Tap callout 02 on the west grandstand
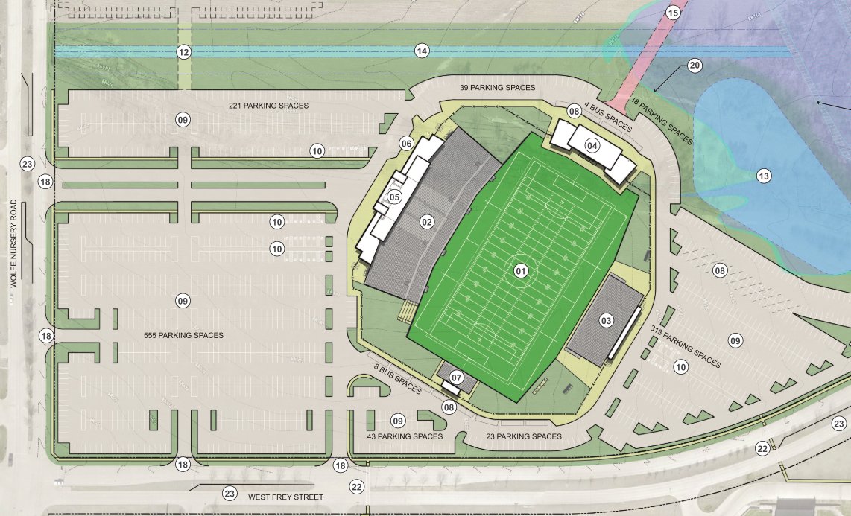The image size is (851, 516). (427, 221)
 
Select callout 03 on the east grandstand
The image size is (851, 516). (606, 321)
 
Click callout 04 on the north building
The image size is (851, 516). (592, 146)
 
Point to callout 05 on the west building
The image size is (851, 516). (395, 197)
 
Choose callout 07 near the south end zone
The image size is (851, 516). (457, 378)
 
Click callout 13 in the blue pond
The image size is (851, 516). (763, 176)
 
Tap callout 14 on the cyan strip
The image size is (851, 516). (423, 51)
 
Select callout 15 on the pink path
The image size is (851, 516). (673, 13)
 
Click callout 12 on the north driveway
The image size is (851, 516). (183, 51)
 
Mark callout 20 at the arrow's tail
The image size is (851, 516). (695, 66)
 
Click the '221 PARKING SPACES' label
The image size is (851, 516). (269, 106)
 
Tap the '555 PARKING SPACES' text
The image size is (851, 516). (183, 335)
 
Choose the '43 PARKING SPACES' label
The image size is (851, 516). (405, 436)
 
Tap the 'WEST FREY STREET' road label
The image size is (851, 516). (286, 497)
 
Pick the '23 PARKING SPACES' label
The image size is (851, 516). (524, 436)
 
